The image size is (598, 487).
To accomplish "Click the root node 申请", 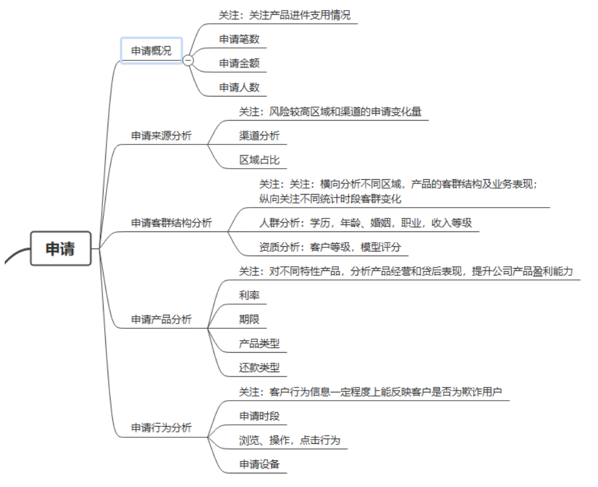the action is tap(61, 249).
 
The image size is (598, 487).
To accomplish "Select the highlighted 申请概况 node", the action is tap(151, 50).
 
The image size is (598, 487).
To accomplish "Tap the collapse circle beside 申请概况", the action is tap(188, 60).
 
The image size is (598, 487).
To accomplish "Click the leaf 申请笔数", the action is tap(239, 39).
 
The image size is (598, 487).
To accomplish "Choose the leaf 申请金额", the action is tap(239, 63).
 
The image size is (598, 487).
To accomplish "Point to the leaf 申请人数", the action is tap(239, 88).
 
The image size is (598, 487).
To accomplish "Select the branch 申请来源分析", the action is tap(161, 136).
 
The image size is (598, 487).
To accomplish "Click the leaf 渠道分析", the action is tap(259, 136).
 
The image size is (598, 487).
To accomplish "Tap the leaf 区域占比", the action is tap(259, 160).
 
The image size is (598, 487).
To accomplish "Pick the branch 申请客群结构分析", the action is tap(172, 223).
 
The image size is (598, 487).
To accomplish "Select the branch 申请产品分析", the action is tap(161, 320).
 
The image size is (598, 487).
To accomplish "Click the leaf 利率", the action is tap(250, 295).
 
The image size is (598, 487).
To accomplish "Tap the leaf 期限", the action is tap(250, 319).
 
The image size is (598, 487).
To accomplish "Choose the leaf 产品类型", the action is tap(259, 343).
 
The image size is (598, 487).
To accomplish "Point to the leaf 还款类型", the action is tap(259, 367).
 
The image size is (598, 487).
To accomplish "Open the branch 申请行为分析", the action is tap(161, 428).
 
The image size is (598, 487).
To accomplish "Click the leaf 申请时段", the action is tap(259, 416).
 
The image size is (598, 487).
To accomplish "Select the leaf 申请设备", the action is tap(259, 464).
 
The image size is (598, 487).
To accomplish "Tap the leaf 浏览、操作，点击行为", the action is tap(289, 440).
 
